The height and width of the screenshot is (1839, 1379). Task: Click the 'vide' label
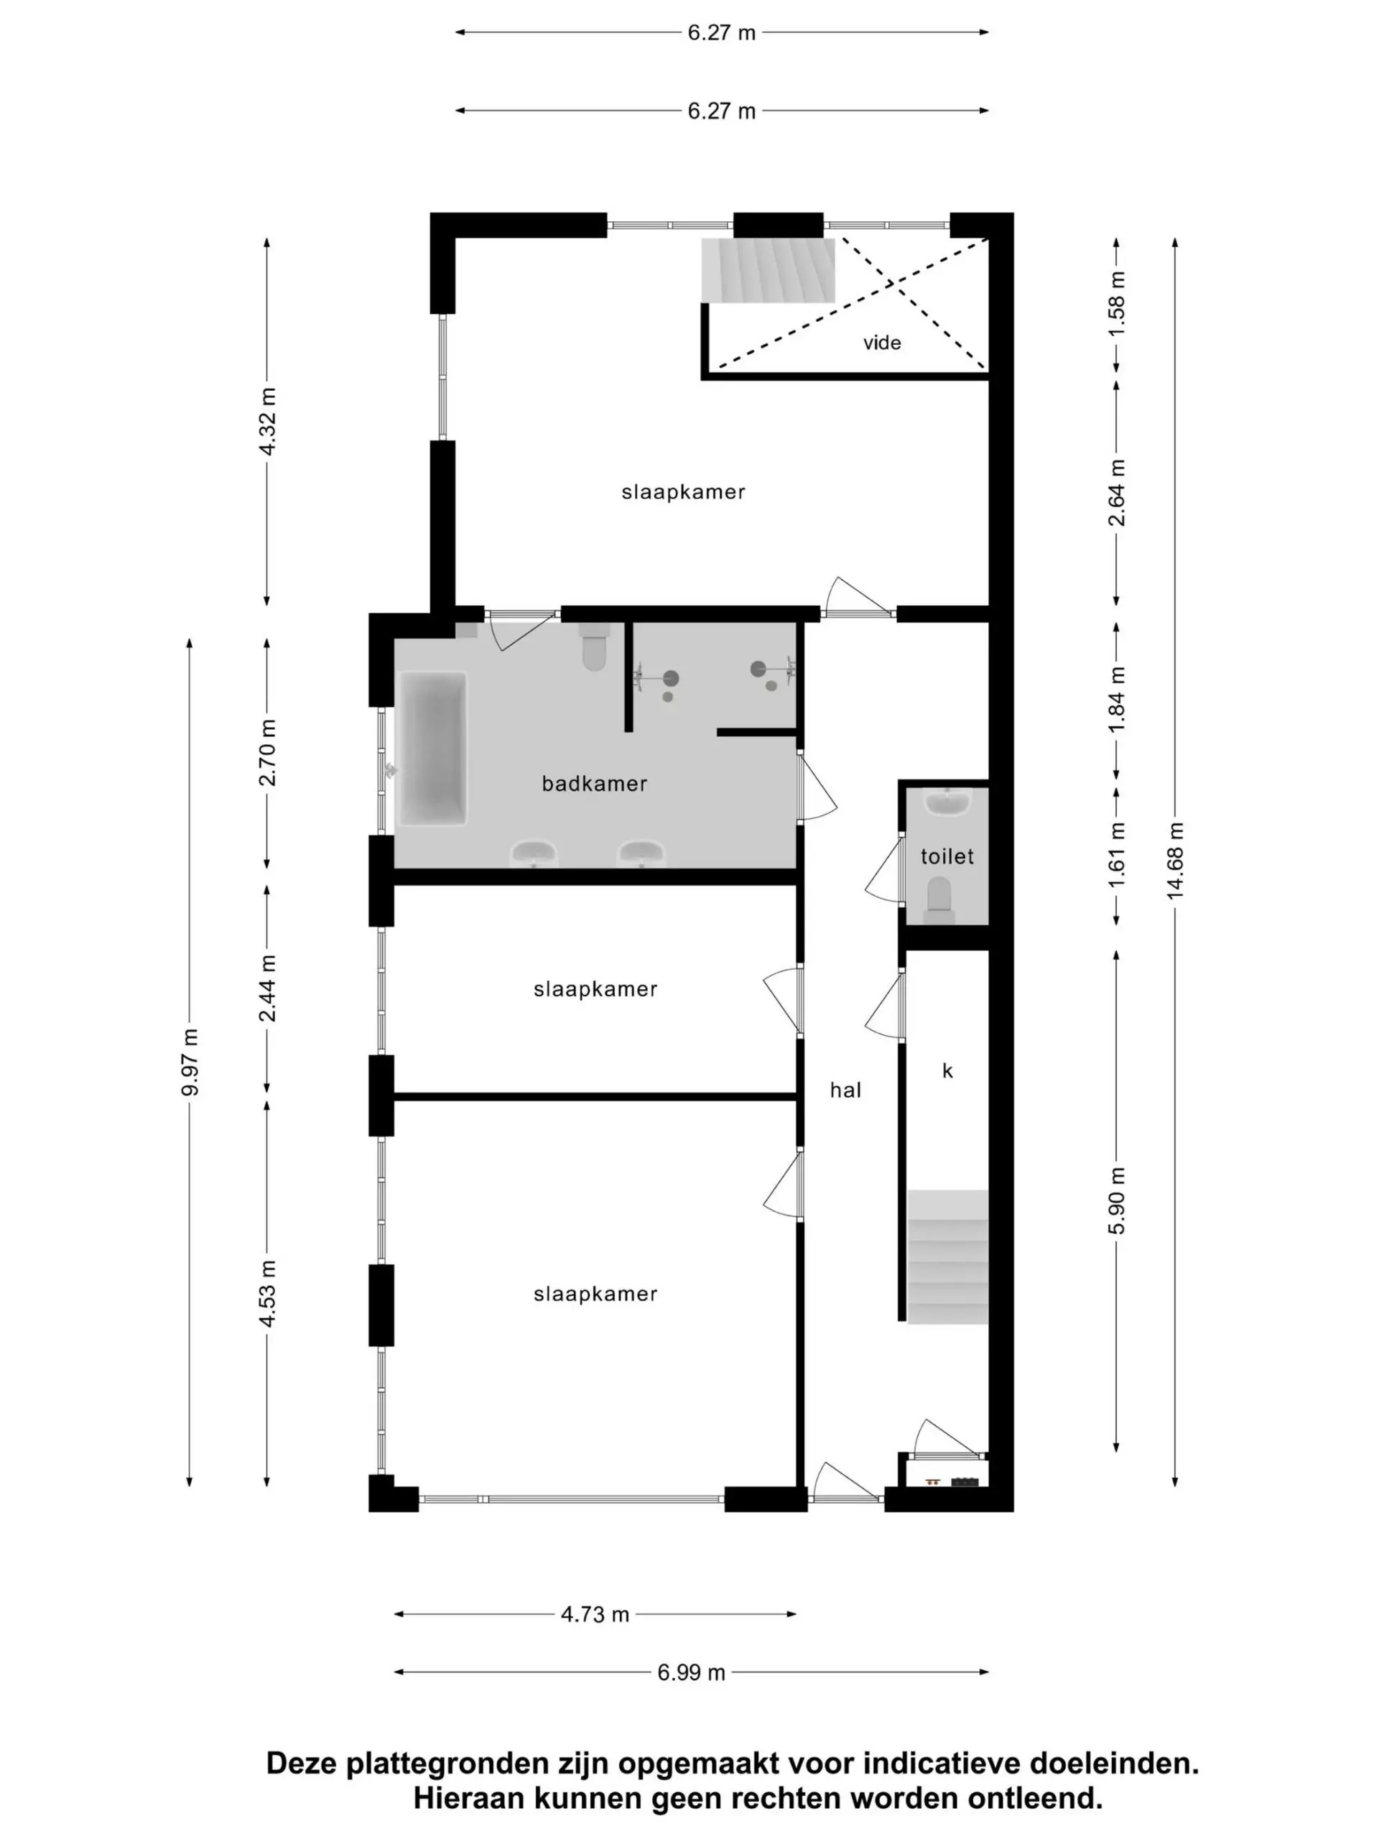pyautogui.click(x=881, y=343)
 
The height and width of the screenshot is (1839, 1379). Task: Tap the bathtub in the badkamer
pyautogui.click(x=432, y=749)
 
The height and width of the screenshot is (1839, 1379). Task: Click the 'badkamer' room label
pyautogui.click(x=593, y=783)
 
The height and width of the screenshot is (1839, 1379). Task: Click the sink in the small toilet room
pyautogui.click(x=947, y=803)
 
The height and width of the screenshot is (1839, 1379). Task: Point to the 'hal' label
pyautogui.click(x=845, y=1090)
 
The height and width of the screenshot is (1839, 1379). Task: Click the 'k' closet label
pyautogui.click(x=947, y=1071)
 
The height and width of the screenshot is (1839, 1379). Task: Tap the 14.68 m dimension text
pyautogui.click(x=1174, y=861)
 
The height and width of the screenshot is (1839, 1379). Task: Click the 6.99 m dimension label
pyautogui.click(x=691, y=1672)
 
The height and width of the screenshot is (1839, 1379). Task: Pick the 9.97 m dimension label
pyautogui.click(x=190, y=1062)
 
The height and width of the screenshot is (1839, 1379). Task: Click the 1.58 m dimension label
pyautogui.click(x=1116, y=303)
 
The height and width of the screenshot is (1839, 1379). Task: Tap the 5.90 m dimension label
pyautogui.click(x=1116, y=1200)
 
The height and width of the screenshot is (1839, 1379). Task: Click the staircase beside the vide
pyautogui.click(x=766, y=270)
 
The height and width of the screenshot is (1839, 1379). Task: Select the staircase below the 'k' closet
pyautogui.click(x=947, y=1256)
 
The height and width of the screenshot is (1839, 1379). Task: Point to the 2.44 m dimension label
pyautogui.click(x=267, y=988)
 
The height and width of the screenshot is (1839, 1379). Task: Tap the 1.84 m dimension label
pyautogui.click(x=1116, y=698)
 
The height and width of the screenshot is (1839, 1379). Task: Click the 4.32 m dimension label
pyautogui.click(x=267, y=421)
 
